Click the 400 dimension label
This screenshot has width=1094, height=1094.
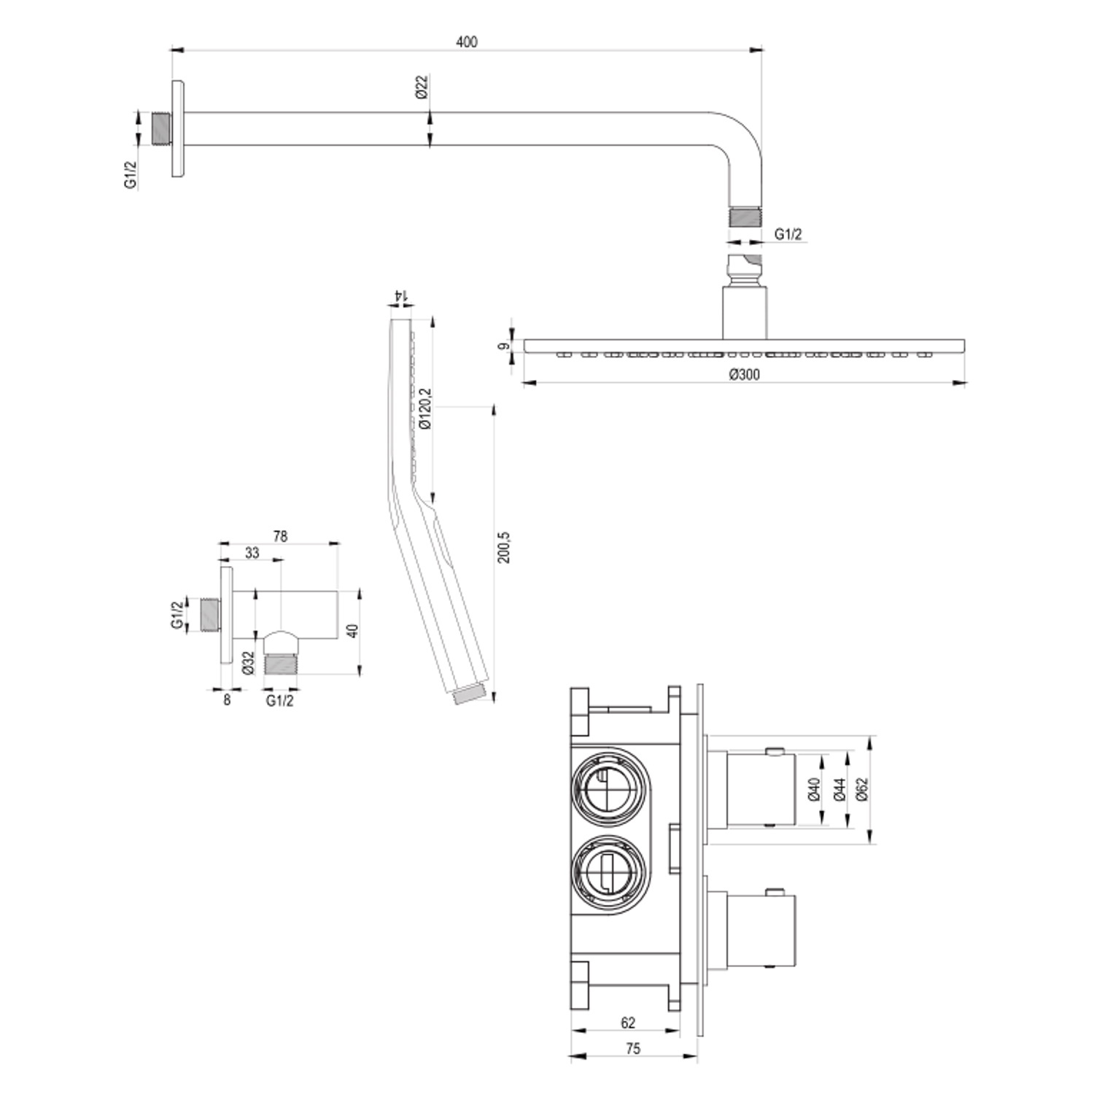point(467,42)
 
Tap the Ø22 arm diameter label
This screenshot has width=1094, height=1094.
point(422,87)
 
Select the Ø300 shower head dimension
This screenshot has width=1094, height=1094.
point(744,375)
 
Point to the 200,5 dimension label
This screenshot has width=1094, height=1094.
point(504,547)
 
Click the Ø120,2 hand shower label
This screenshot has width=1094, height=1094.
point(425,408)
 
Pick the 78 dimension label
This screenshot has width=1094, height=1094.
point(280,536)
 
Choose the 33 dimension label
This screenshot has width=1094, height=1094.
point(252,553)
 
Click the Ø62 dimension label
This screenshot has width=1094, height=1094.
point(862,789)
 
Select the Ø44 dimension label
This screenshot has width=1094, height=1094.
point(839,789)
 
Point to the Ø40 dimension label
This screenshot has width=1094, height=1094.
point(815,789)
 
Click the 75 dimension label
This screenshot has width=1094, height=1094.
point(633,1048)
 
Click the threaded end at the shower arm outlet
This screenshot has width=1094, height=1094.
point(745,217)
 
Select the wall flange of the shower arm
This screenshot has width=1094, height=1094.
point(178,128)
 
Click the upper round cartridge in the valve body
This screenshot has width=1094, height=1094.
point(608,788)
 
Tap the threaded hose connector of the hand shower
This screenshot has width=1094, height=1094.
point(471,694)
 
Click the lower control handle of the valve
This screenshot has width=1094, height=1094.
point(762,928)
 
